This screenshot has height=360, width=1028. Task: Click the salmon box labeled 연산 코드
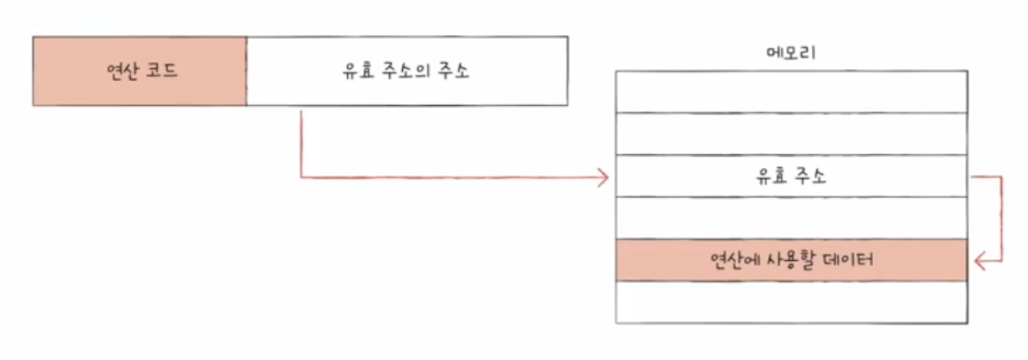(139, 71)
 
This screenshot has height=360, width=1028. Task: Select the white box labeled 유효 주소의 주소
(406, 71)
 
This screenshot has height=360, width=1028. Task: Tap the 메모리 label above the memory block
(790, 53)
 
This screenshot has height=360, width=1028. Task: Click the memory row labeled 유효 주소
(790, 177)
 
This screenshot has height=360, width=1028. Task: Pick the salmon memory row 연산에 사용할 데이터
(790, 259)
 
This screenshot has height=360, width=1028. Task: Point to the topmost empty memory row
(790, 91)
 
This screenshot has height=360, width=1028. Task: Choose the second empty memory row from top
(790, 133)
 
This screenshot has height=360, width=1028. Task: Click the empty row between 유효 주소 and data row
(790, 218)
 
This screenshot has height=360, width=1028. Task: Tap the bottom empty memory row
(790, 301)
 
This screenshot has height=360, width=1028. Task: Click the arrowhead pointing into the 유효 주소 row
(604, 178)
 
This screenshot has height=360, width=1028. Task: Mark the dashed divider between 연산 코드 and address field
(246, 71)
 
